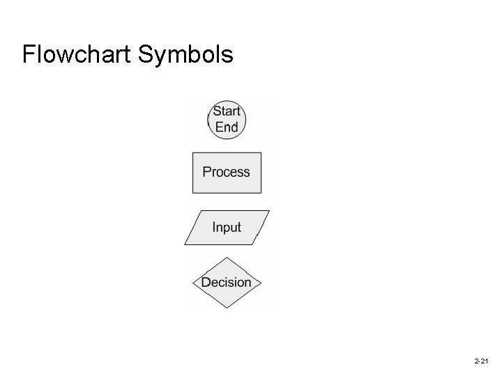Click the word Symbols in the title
[x=186, y=54]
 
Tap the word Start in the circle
[x=227, y=111]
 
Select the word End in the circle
[x=227, y=127]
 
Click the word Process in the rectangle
[x=226, y=172]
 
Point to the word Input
[x=227, y=228]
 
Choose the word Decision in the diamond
[x=226, y=282]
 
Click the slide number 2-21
[x=480, y=362]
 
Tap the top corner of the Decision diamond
[x=227, y=258]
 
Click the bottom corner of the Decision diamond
[x=227, y=307]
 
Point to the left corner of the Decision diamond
[x=192, y=283]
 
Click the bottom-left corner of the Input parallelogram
[x=185, y=244]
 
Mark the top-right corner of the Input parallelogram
[x=269, y=211]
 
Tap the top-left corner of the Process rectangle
[x=192, y=152]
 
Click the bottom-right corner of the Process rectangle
[x=261, y=192]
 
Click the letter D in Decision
[x=206, y=282]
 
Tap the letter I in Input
[x=214, y=228]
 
